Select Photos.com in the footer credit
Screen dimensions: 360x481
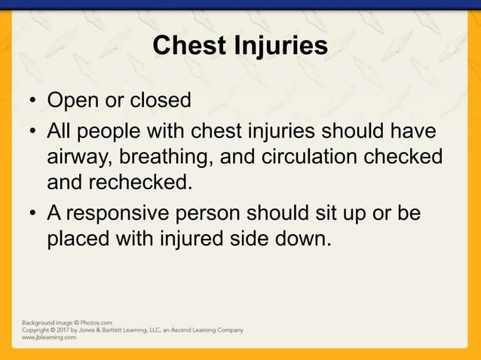coord(96,322)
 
